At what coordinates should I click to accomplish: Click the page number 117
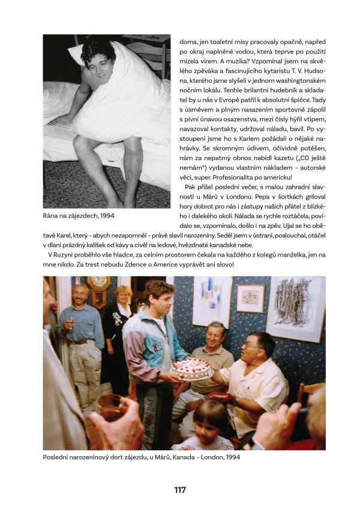[180, 490]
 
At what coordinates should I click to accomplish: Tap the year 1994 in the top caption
[104, 215]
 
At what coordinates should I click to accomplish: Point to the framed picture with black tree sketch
[294, 309]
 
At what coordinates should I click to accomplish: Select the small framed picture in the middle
[250, 299]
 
